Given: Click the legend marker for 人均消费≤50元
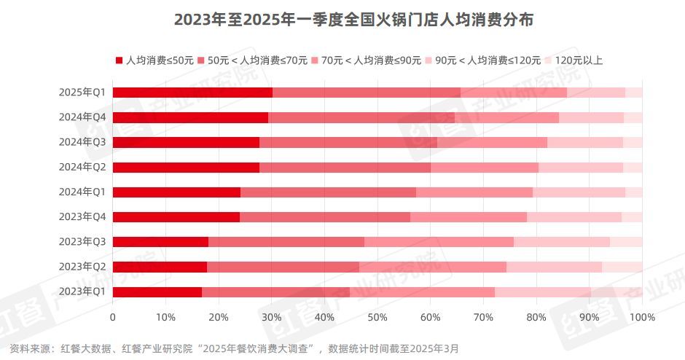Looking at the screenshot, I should pos(119,60).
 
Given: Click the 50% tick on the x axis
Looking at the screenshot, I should pos(377,318).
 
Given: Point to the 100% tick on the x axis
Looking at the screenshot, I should pos(641,318).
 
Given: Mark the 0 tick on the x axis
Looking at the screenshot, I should pos(112,318).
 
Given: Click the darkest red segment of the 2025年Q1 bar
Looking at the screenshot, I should pos(192,92).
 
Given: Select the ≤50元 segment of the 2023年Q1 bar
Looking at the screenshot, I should pos(157,291).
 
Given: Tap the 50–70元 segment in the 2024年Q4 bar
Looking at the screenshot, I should pos(361,117).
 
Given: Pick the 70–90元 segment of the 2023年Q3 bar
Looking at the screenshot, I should pos(439,241).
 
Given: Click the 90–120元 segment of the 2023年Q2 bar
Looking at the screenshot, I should pos(554,267).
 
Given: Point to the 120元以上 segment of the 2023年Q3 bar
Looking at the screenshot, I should pos(626,241).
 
